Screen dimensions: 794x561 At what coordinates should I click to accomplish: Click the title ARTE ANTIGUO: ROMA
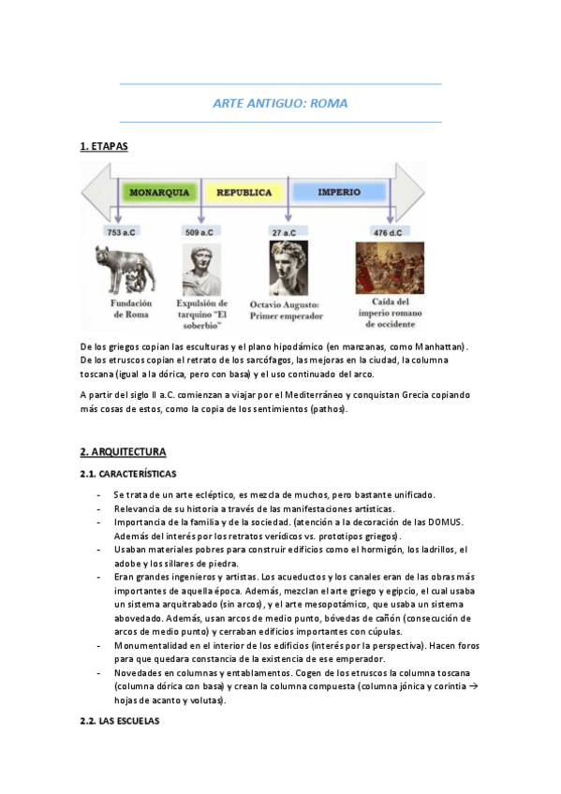[280, 103]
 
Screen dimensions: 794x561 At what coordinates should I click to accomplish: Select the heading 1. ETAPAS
[104, 146]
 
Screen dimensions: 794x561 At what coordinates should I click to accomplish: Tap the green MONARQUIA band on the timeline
[159, 192]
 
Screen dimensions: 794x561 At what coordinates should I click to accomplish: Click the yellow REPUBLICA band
[244, 192]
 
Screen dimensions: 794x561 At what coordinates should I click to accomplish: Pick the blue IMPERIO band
[339, 192]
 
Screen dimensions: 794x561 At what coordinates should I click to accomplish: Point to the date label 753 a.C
[123, 231]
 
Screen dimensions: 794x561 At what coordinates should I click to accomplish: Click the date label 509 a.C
[199, 231]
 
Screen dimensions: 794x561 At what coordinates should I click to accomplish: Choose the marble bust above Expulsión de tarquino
[201, 270]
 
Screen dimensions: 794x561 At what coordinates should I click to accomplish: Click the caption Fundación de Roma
[131, 309]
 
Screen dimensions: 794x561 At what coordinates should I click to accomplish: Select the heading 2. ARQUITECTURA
[123, 451]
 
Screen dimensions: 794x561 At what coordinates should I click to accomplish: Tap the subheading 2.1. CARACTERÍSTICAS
[128, 474]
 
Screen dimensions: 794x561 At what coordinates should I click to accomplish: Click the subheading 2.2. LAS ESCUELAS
[120, 721]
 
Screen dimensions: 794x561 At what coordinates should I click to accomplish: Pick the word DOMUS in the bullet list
[445, 521]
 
